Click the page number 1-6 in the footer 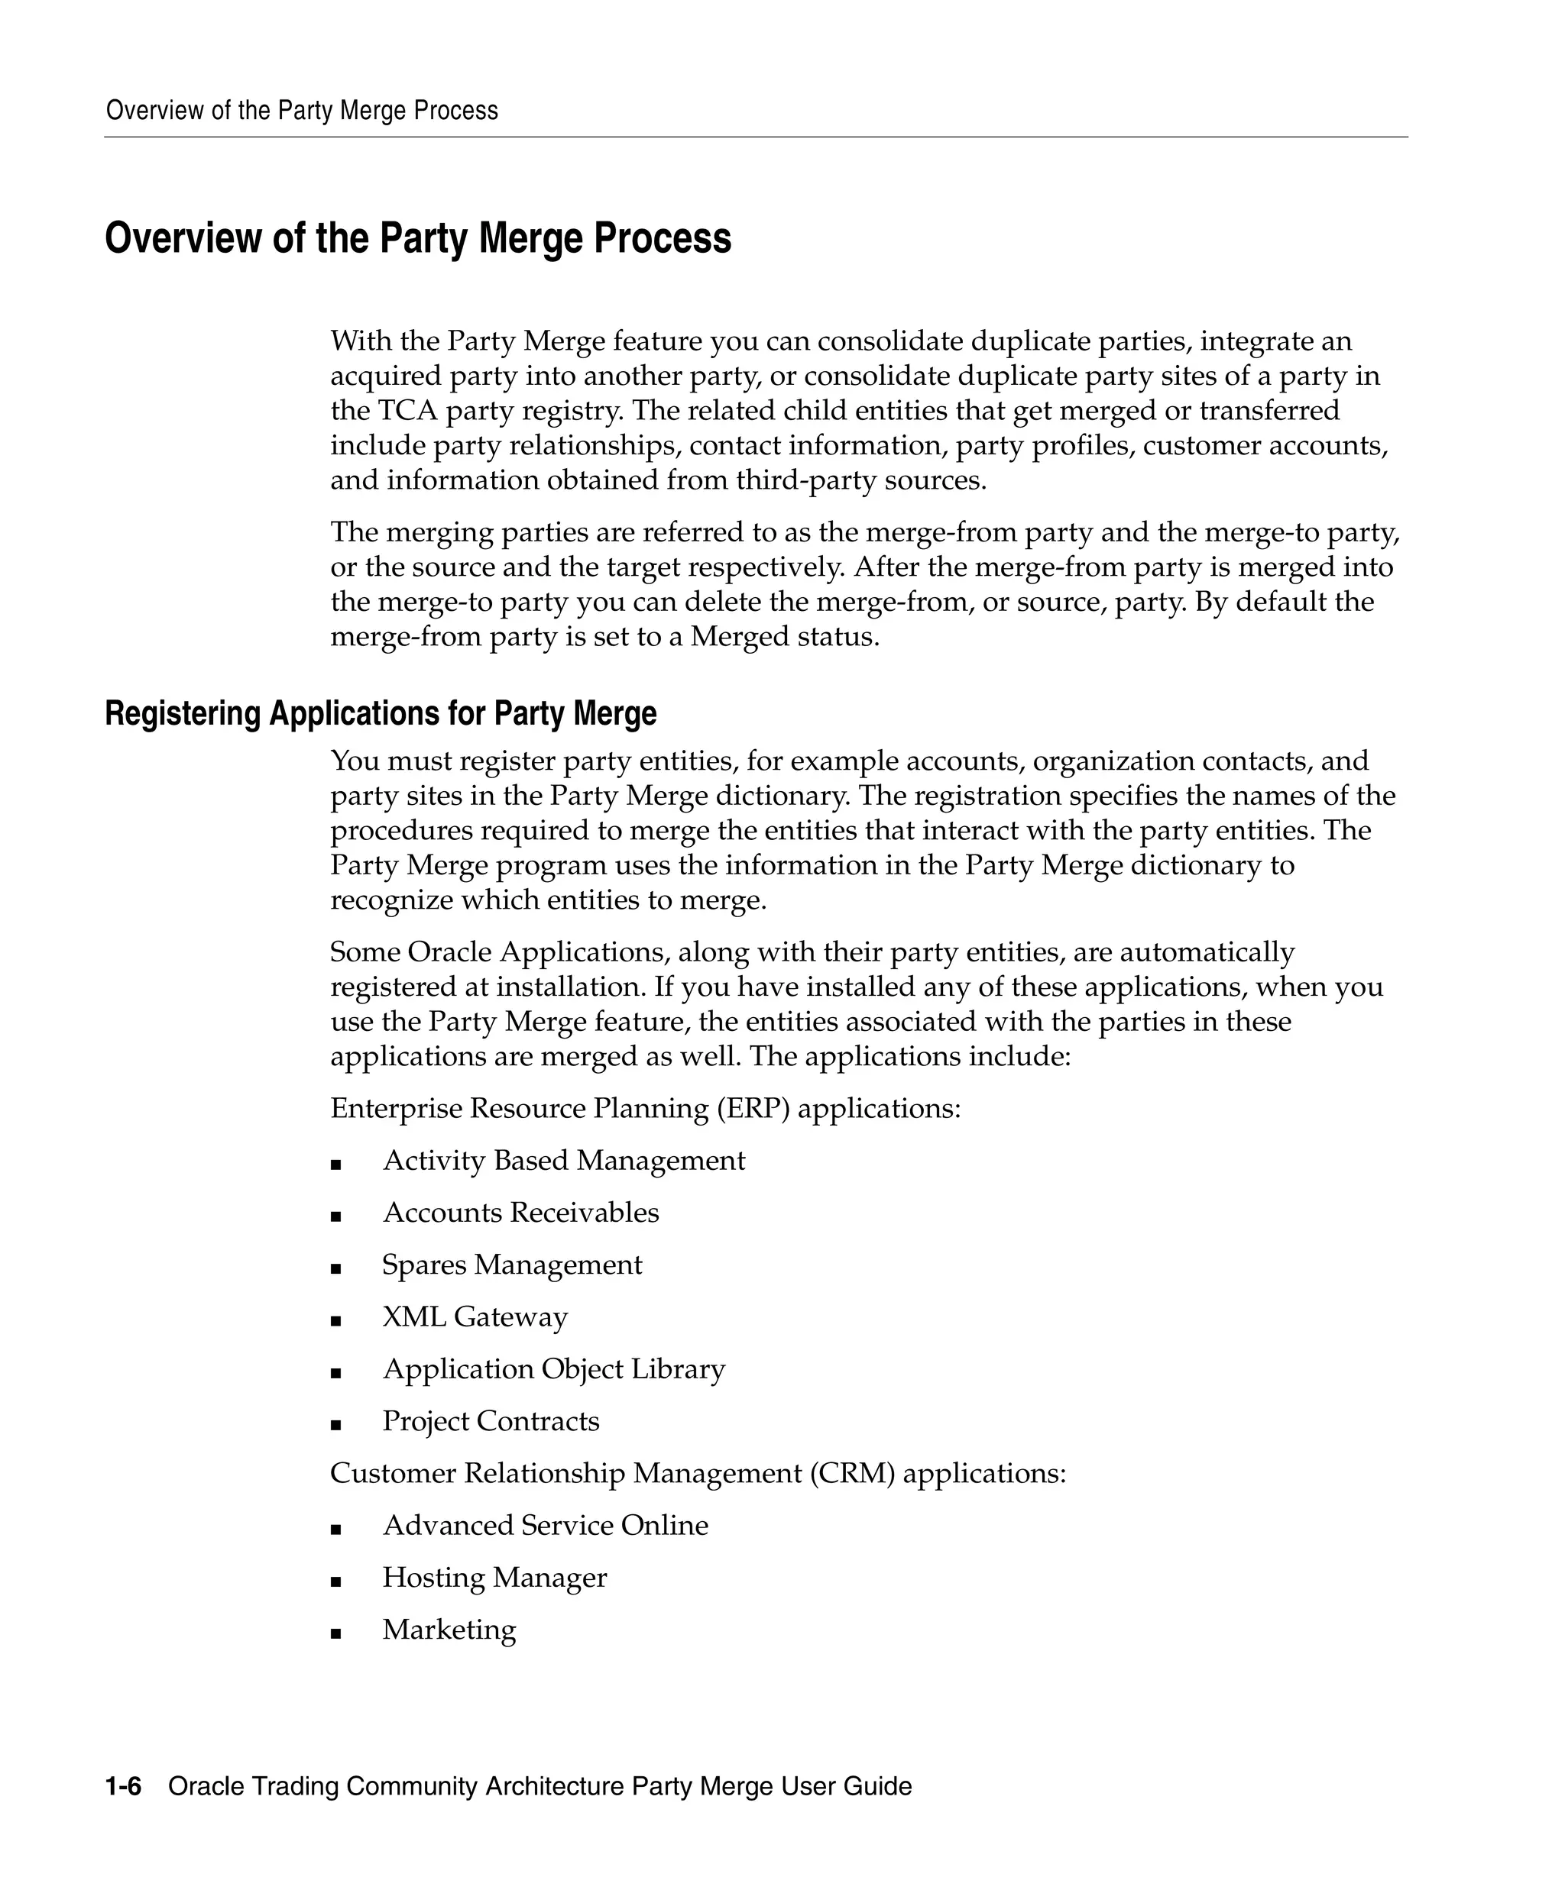123,1786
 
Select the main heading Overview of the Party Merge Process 418,239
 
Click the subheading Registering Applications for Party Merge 380,713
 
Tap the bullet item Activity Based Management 563,1160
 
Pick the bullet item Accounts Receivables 520,1212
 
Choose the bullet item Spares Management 511,1265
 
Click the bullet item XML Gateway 475,1316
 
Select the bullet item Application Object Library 553,1368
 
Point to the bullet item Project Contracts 491,1421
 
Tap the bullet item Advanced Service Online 545,1525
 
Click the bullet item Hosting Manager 494,1578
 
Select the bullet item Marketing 449,1630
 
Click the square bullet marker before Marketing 336,1633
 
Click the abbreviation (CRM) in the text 852,1473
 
